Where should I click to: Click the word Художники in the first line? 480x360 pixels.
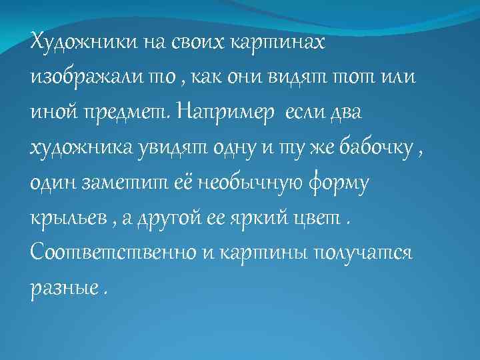coord(83,43)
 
